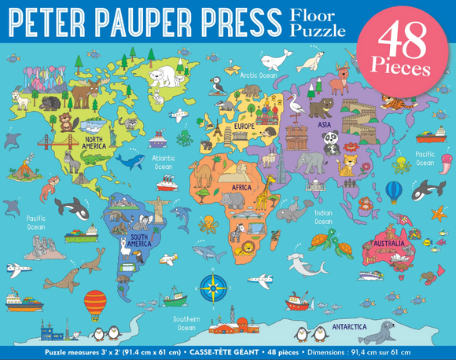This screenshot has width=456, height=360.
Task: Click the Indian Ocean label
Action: pos(323,217)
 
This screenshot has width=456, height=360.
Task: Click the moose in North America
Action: pos(85,94)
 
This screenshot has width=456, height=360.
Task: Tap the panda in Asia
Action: pos(333,141)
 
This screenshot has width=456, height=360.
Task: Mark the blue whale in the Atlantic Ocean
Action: pos(130,161)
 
